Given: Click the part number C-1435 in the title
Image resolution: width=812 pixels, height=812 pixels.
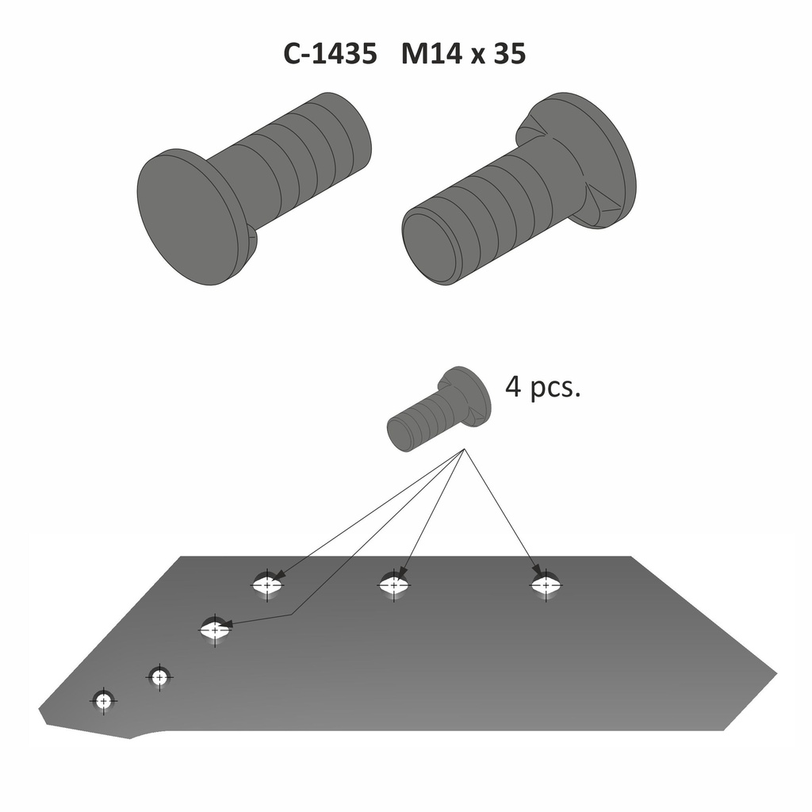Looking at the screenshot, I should click(330, 54).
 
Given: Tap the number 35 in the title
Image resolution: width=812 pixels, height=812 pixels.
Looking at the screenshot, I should click(509, 54).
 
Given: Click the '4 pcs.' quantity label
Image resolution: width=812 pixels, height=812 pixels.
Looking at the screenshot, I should click(543, 389).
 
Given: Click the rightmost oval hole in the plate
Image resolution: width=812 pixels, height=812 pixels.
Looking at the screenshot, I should click(546, 585).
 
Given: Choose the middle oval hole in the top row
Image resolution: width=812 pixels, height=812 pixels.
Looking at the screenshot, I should click(393, 585).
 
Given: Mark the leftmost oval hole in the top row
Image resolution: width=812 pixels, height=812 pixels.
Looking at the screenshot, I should click(267, 585).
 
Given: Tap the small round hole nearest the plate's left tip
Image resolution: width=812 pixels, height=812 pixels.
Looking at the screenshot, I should click(103, 701).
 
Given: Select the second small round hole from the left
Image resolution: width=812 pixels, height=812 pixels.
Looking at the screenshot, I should click(159, 677).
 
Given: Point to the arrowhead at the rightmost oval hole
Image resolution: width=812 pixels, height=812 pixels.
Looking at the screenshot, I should click(538, 573).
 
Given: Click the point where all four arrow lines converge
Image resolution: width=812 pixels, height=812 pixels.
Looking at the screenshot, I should click(464, 450).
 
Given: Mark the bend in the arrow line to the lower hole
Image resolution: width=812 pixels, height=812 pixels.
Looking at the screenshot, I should click(292, 614).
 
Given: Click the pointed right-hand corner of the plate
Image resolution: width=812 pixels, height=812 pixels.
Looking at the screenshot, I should click(775, 674).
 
